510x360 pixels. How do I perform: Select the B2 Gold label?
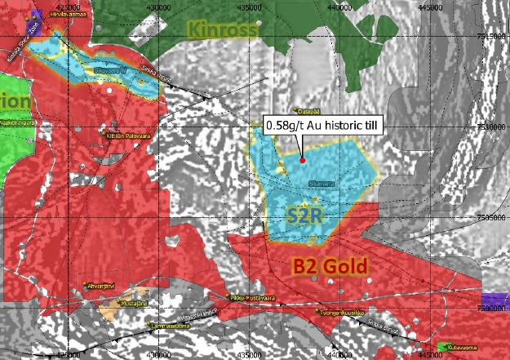coord(330,264)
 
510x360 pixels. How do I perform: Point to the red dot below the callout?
coord(303,159)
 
